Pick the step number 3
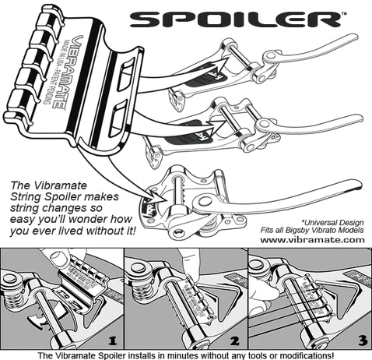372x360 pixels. (x=360, y=340)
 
